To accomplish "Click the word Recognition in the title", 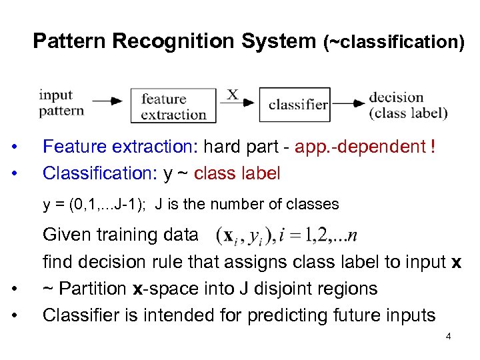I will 173,41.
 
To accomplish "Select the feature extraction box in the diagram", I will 173,105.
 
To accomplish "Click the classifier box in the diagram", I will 295,105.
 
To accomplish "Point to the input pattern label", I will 61,103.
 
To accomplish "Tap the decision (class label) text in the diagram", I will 407,105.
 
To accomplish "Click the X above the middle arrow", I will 233,94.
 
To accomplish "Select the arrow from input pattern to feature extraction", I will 107,101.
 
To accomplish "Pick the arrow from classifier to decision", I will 348,103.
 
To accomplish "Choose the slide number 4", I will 448,336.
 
